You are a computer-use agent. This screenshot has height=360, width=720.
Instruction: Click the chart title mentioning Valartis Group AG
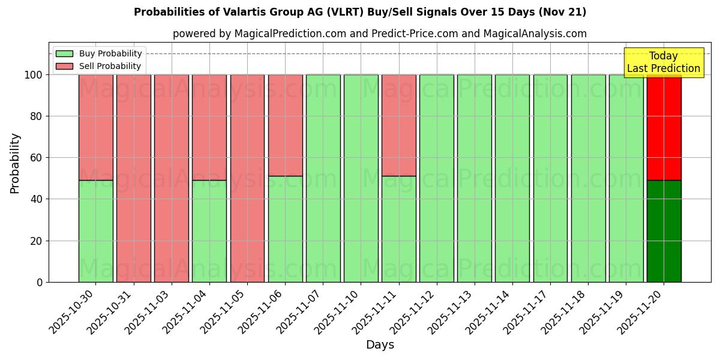[x=360, y=12]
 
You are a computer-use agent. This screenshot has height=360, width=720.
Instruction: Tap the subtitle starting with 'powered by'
[x=379, y=34]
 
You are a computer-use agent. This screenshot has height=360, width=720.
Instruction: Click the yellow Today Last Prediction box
[x=663, y=62]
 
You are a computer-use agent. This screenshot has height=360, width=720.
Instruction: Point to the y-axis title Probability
[x=15, y=163]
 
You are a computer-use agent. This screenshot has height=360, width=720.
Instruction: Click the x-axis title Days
[x=379, y=344]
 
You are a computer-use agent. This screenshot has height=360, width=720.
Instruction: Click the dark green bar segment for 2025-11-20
[x=664, y=231]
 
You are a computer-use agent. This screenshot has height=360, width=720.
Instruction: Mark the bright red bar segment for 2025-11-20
[x=664, y=127]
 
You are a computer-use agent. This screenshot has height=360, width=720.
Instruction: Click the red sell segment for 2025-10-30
[x=95, y=127]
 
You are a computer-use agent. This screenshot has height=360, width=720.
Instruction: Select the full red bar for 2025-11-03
[x=171, y=178]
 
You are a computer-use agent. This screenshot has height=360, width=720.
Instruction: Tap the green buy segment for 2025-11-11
[x=398, y=229]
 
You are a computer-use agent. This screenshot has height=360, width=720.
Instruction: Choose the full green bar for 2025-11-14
[x=512, y=178]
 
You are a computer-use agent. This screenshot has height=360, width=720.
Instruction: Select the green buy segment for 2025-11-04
[x=209, y=231]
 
